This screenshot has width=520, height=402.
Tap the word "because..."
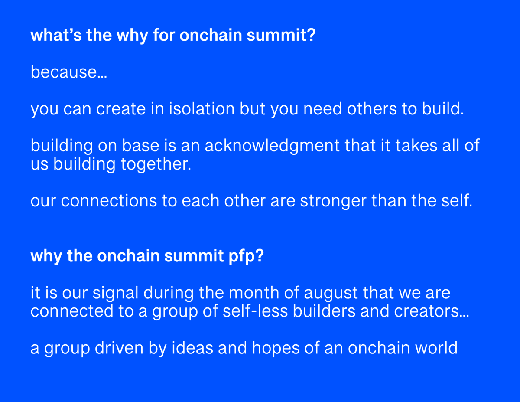68,72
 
